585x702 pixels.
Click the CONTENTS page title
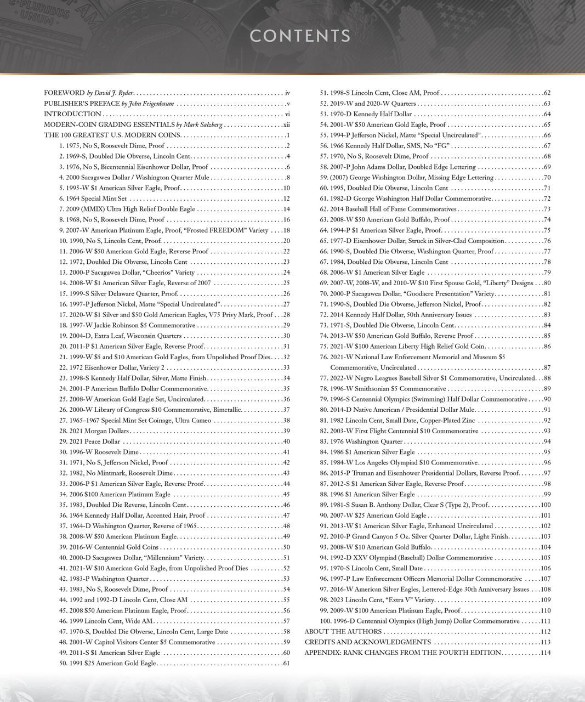tap(300, 36)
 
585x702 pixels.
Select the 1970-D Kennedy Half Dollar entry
tap(371, 114)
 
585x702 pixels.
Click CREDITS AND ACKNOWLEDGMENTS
tap(367, 642)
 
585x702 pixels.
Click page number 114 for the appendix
tap(545, 653)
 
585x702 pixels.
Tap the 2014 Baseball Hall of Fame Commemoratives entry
tap(393, 209)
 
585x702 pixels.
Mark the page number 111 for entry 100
tap(545, 621)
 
